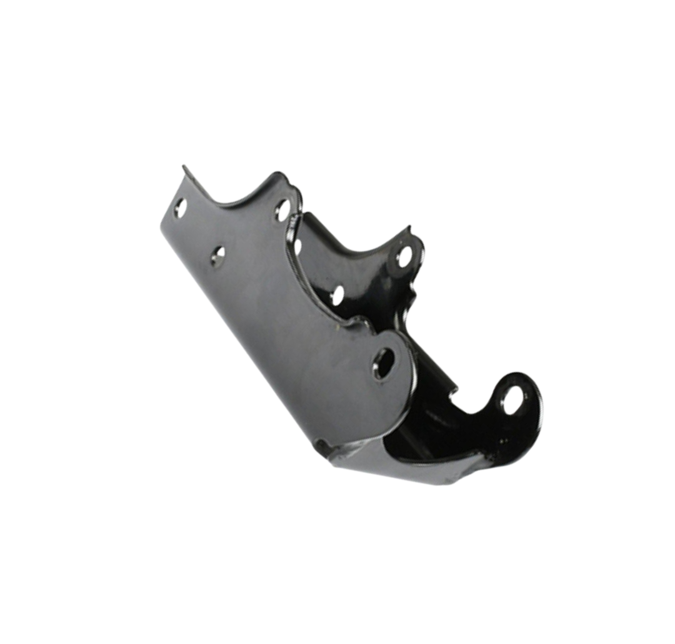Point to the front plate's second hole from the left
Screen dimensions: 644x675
(217, 254)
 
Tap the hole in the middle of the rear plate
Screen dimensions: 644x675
(337, 295)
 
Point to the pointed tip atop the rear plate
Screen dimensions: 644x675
(409, 225)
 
